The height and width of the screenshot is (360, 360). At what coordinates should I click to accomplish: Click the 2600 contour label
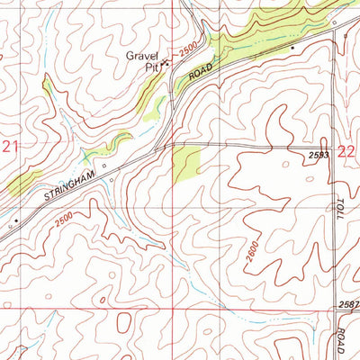[x=250, y=256]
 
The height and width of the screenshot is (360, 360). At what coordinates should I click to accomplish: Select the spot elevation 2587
[x=348, y=306]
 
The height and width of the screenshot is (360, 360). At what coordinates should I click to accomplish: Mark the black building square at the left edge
[x=15, y=219]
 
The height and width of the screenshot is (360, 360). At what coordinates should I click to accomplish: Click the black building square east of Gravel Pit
[x=292, y=47]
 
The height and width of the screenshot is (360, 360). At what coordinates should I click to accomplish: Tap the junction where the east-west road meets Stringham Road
[x=164, y=144]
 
